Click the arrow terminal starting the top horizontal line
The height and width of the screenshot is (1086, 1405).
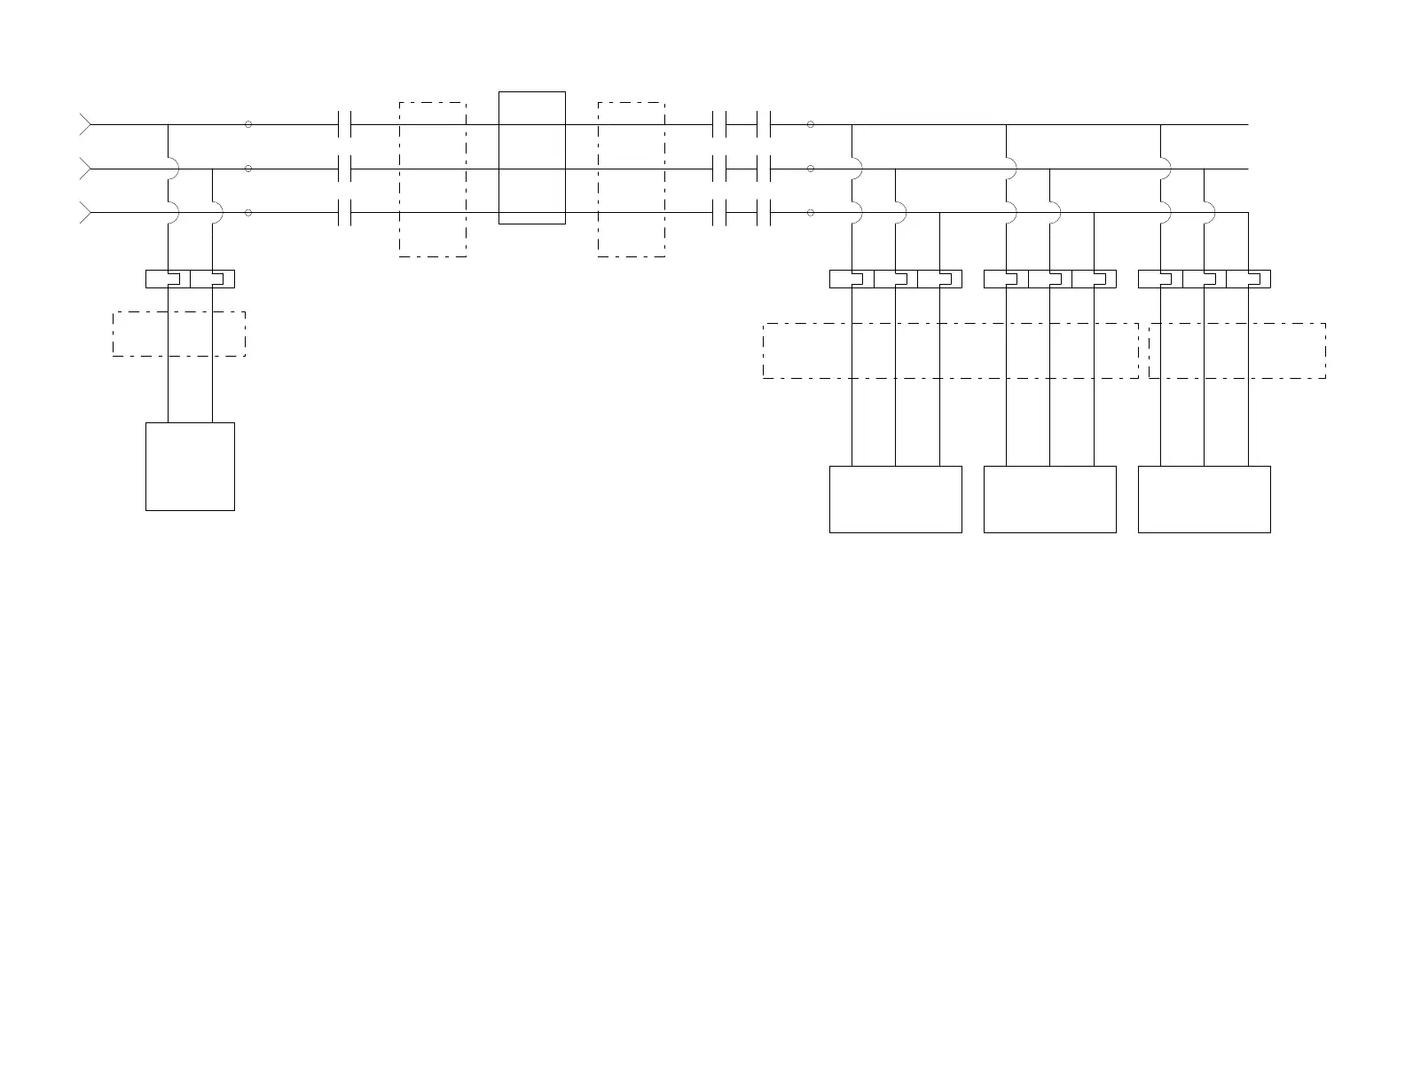pos(86,125)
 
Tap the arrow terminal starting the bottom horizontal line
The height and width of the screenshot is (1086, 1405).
pos(86,213)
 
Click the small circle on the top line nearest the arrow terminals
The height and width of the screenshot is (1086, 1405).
pos(248,124)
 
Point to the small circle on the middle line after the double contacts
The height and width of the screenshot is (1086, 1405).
pos(811,169)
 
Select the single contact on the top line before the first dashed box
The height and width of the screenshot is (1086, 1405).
pos(346,125)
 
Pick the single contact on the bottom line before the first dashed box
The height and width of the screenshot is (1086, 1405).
pos(346,213)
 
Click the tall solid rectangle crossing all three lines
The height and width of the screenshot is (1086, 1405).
pos(532,158)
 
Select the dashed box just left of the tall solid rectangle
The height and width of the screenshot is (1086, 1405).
pos(433,180)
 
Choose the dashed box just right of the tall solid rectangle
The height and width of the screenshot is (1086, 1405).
pos(632,180)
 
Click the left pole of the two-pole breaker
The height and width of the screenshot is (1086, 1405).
pos(169,279)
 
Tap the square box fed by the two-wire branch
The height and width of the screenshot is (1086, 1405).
pos(190,467)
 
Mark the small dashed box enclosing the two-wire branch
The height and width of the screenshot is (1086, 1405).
pos(179,334)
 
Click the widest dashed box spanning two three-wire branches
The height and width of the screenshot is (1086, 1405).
pos(951,350)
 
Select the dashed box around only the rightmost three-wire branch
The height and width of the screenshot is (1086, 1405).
pos(1237,350)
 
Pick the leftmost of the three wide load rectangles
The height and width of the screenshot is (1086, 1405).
pos(896,500)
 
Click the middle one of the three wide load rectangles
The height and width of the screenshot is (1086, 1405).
pos(1050,500)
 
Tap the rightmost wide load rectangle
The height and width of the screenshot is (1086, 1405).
pos(1205,500)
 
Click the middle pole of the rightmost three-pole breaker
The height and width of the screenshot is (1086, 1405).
pos(1205,279)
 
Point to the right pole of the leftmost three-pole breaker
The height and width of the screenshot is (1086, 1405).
pos(940,279)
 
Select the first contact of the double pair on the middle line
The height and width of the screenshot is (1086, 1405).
pos(720,169)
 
